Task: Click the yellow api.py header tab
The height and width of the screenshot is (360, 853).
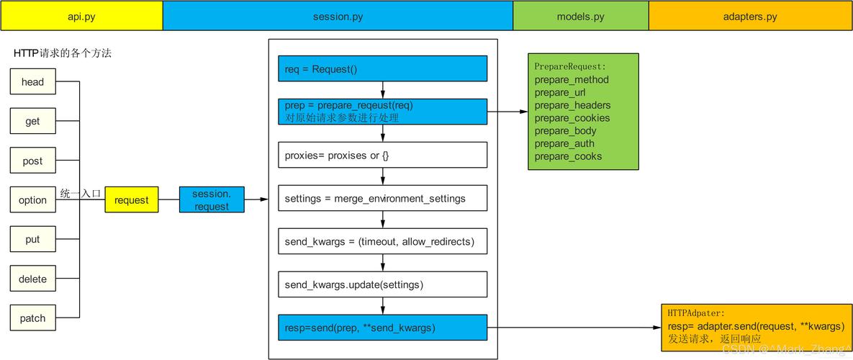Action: point(81,16)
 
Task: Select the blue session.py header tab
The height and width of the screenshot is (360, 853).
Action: point(338,16)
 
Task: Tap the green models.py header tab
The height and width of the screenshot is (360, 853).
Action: point(581,16)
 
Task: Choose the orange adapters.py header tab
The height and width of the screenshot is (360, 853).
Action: point(750,16)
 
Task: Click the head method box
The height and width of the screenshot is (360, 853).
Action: point(32,82)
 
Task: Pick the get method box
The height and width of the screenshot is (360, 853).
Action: point(32,121)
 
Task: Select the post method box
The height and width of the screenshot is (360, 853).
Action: point(32,161)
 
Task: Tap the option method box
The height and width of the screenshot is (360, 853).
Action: point(32,200)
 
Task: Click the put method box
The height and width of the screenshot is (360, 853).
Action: point(32,239)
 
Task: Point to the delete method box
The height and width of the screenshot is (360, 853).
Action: point(32,279)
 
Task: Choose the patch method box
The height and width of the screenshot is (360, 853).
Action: point(32,318)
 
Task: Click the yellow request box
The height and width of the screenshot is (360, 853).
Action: point(132,200)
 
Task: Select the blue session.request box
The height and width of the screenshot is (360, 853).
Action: point(212,199)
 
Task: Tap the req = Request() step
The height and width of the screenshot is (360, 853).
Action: point(382,69)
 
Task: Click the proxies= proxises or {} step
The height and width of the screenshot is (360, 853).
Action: point(382,156)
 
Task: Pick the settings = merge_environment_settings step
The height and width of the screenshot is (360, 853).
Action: point(382,199)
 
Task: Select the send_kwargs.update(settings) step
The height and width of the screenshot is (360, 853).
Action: point(382,284)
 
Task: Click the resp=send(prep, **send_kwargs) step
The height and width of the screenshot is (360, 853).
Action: point(382,328)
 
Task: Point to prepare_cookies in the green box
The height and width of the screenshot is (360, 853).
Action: point(572,118)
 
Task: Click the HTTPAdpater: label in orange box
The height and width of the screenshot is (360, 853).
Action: point(697,314)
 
